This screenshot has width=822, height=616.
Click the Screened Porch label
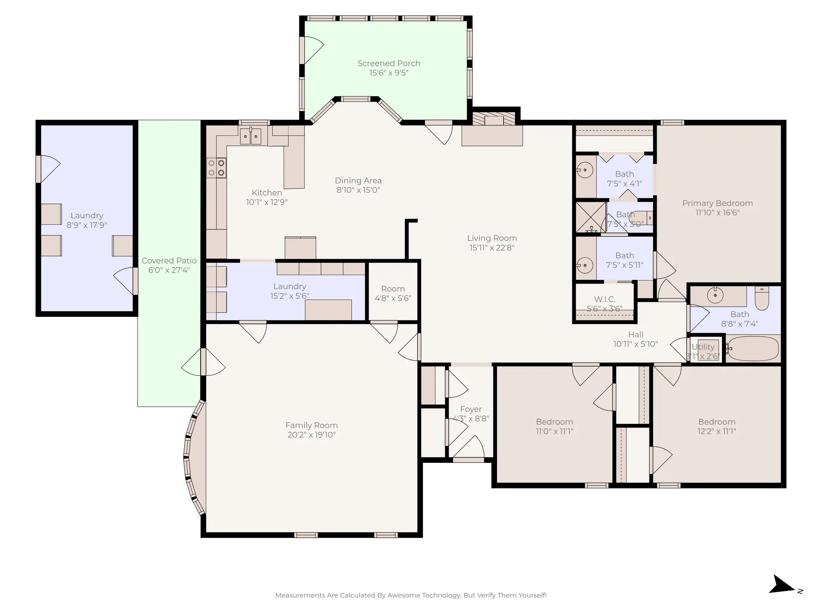tap(389, 63)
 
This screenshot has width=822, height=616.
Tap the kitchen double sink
tap(250, 136)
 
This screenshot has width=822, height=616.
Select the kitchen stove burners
tap(216, 168)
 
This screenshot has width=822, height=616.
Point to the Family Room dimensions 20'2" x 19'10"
tap(311, 435)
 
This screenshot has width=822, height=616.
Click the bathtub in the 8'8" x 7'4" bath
tap(753, 349)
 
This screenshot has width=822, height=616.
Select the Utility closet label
tap(703, 347)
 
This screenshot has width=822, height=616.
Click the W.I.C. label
tap(604, 299)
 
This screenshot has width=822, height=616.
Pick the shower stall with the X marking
tap(591, 217)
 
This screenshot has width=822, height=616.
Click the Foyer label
tap(471, 409)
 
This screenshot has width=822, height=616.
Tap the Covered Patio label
tap(169, 261)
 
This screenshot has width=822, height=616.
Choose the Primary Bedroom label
tap(717, 203)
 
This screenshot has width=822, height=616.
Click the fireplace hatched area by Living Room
tap(493, 119)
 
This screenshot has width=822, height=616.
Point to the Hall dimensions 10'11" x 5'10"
tap(635, 344)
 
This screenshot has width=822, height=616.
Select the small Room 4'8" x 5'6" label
tap(393, 289)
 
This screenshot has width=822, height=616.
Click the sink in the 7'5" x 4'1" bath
tap(585, 170)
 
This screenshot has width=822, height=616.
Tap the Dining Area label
tap(358, 181)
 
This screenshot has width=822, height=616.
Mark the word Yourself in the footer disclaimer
tap(531, 595)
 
